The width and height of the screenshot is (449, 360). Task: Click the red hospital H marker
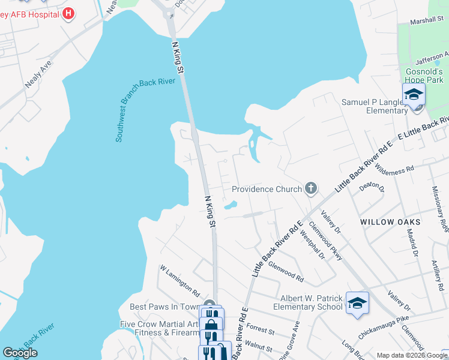coord(68,13)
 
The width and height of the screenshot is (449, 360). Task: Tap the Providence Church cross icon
coord(310,189)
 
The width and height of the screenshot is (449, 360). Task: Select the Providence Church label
coord(267,189)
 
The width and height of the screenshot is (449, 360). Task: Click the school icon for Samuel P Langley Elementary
coord(414,95)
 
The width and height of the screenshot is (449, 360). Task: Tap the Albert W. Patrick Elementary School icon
coord(357,304)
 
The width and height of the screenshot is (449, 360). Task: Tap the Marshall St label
coord(426,20)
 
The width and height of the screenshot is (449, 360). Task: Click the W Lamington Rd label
coord(179,281)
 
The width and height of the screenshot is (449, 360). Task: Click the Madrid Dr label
coord(412,243)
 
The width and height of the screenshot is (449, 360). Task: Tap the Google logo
coord(20,353)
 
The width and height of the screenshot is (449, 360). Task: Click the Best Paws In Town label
coord(164,307)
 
